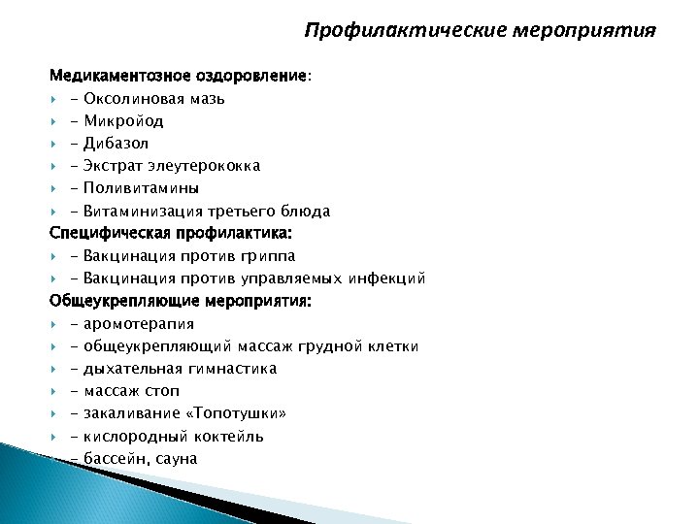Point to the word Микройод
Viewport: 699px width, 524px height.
pyautogui.click(x=123, y=121)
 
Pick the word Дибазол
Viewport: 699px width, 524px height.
pyautogui.click(x=116, y=144)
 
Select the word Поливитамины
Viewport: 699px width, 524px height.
pyautogui.click(x=142, y=188)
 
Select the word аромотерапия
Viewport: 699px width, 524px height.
pyautogui.click(x=139, y=324)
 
